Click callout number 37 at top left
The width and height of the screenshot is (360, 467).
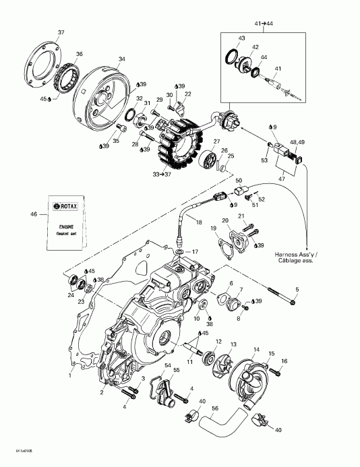click(x=61, y=33)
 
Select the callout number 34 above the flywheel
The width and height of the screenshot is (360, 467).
click(x=121, y=59)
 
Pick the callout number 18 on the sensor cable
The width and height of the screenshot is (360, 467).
click(x=199, y=222)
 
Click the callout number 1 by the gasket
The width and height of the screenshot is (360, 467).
click(x=70, y=369)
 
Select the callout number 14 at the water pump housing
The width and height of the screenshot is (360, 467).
click(x=256, y=349)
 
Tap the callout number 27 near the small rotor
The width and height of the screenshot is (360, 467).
click(x=217, y=141)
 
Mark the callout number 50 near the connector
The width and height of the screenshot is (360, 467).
click(x=239, y=181)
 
